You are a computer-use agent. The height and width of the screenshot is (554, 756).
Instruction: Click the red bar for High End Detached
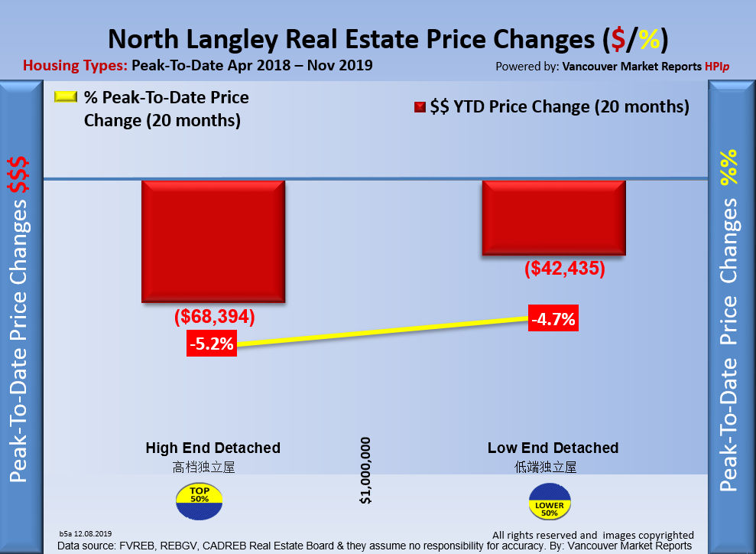[213, 241]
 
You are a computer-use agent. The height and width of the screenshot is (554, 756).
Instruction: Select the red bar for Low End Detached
[553, 218]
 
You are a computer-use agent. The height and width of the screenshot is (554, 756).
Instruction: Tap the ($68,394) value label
[214, 317]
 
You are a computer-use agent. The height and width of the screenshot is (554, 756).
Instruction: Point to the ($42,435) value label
[565, 269]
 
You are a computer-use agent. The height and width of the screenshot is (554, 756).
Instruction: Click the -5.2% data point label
[212, 344]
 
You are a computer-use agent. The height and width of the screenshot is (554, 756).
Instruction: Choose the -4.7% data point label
[553, 319]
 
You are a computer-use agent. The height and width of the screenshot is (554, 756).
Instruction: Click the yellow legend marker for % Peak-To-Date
[66, 98]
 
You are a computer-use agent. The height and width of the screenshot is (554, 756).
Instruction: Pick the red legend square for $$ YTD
[419, 108]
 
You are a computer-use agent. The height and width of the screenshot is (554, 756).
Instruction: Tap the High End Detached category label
[213, 448]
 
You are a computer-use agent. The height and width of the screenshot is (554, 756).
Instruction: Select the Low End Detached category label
[553, 448]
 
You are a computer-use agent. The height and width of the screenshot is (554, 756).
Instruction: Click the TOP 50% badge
[200, 498]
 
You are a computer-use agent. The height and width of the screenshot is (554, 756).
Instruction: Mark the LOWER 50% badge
[550, 506]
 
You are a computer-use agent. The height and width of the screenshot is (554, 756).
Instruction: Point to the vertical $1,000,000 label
[365, 470]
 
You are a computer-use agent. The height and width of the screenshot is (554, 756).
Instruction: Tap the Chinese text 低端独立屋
[546, 467]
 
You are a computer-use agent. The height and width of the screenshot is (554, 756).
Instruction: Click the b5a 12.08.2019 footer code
[86, 533]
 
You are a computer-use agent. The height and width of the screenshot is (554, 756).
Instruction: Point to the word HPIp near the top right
[716, 67]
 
